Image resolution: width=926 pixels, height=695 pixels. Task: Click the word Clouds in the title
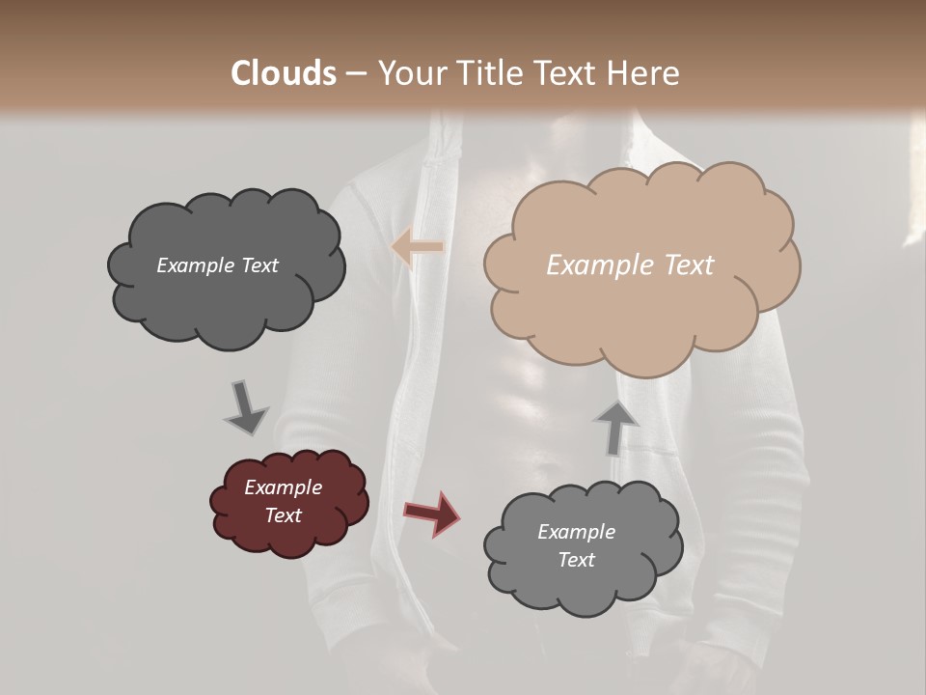tap(284, 73)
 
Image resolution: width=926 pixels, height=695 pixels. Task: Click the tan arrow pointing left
tap(418, 248)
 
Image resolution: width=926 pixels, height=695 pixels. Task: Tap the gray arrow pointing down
tap(245, 407)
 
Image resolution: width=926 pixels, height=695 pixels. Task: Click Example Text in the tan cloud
tap(630, 265)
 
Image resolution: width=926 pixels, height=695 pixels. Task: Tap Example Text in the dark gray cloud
tap(217, 265)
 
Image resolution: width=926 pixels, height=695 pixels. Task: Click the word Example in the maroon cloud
tap(283, 487)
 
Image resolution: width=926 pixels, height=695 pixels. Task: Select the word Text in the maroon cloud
tap(283, 515)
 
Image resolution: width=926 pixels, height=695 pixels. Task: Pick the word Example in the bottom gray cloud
tap(576, 532)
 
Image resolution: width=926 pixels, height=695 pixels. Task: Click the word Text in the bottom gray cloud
tap(576, 560)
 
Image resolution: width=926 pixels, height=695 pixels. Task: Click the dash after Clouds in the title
tap(355, 74)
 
